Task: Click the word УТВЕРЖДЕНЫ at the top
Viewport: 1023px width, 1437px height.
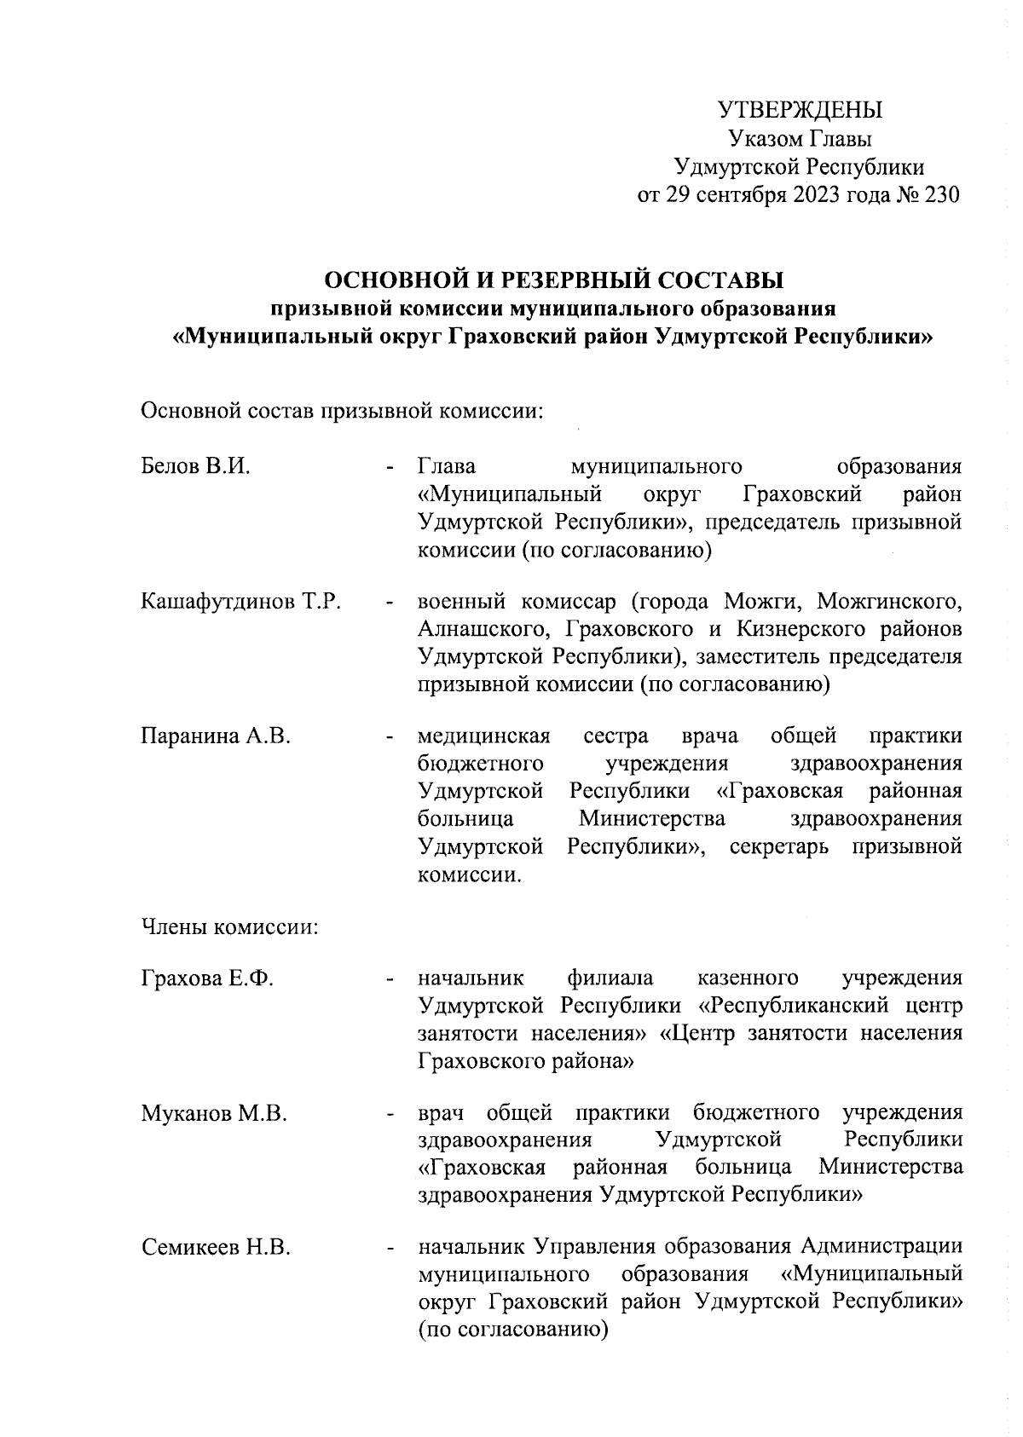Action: tap(800, 111)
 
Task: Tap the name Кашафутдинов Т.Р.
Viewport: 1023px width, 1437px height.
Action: tap(241, 602)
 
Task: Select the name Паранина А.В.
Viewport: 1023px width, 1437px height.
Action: tap(216, 736)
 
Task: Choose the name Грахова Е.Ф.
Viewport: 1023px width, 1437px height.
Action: tap(207, 978)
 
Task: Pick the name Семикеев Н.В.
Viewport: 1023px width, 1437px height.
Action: tap(216, 1249)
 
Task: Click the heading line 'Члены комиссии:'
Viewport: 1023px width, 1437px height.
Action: tap(229, 926)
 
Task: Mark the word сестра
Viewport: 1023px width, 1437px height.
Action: tap(616, 736)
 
